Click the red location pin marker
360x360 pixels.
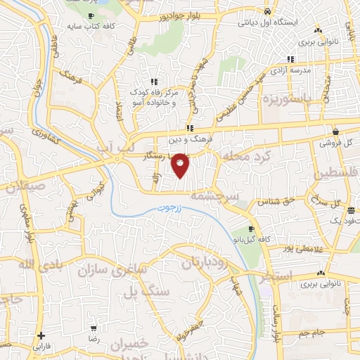[181, 166]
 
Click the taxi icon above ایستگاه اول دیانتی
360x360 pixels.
[267, 11]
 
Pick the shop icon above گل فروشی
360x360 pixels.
[336, 131]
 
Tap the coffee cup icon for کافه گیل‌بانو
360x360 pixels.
[252, 229]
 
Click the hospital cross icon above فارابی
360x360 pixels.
[41, 335]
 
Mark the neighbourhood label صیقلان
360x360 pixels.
[23, 188]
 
